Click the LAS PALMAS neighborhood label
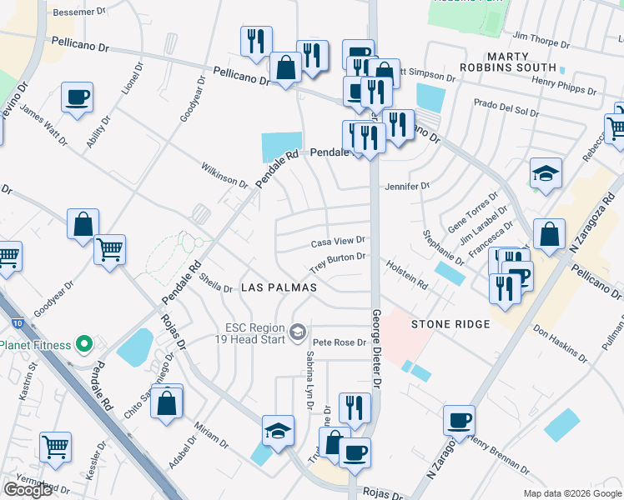pos(279,287)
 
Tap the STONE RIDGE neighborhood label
pos(450,323)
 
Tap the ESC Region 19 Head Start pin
pos(297,333)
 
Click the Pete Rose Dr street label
pos(339,342)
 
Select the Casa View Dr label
pos(338,242)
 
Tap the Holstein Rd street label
pos(406,274)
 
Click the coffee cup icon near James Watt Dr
pos(77,97)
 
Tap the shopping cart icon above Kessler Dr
pos(55,447)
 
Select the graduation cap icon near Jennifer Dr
pos(546,172)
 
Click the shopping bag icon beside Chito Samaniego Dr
pos(168,402)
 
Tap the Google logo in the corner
pos(28,490)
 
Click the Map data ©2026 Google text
pos(571,493)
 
